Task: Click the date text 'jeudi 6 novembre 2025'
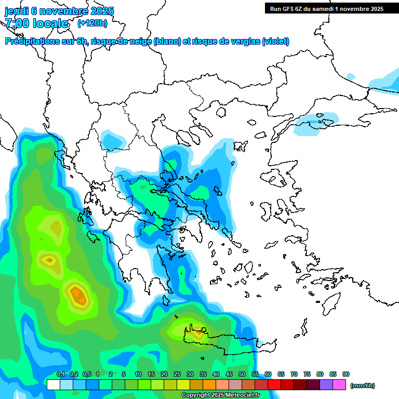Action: click(59, 11)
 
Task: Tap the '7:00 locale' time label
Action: click(36, 23)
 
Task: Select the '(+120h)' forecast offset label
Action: click(92, 23)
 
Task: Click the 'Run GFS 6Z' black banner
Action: click(326, 8)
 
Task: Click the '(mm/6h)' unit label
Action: click(363, 385)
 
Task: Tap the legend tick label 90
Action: click(346, 375)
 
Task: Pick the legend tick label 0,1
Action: click(61, 375)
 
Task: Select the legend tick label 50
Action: click(242, 375)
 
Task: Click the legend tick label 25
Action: click(177, 375)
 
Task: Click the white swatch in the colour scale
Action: click(53, 385)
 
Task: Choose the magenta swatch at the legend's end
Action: click(340, 385)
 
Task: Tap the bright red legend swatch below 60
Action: click(275, 385)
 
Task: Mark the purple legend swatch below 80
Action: click(327, 385)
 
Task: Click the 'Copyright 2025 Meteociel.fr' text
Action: click(221, 395)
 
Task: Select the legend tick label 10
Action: click(138, 375)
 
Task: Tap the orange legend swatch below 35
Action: click(210, 385)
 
